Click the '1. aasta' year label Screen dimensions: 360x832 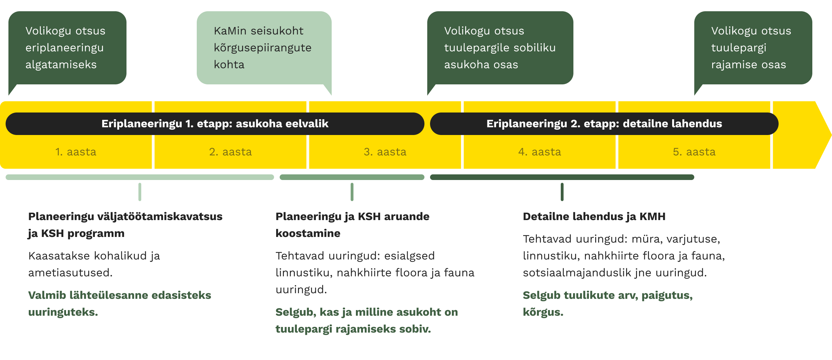[76, 152]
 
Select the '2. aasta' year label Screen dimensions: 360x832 [230, 152]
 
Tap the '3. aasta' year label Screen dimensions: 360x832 [385, 152]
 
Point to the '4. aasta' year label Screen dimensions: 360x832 [539, 152]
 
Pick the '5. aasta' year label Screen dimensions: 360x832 [694, 152]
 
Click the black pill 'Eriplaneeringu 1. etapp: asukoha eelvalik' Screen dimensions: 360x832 [215, 124]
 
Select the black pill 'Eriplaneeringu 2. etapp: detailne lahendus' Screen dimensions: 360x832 [604, 124]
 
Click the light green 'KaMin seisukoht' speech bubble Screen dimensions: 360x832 [264, 48]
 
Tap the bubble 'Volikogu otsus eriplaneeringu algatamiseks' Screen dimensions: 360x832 [67, 48]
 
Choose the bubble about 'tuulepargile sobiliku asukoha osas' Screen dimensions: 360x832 [500, 48]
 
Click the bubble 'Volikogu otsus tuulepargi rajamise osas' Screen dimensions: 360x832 [753, 48]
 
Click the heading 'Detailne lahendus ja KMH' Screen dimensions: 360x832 [594, 217]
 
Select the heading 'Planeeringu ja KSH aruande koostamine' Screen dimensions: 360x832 [352, 225]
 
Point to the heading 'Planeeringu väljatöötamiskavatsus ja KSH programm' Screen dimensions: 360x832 [125, 225]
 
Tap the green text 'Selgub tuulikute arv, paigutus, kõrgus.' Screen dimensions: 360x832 [607, 303]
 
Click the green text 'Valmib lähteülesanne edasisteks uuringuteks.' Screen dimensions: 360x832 [119, 303]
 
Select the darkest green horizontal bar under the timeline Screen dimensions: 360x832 [562, 177]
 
